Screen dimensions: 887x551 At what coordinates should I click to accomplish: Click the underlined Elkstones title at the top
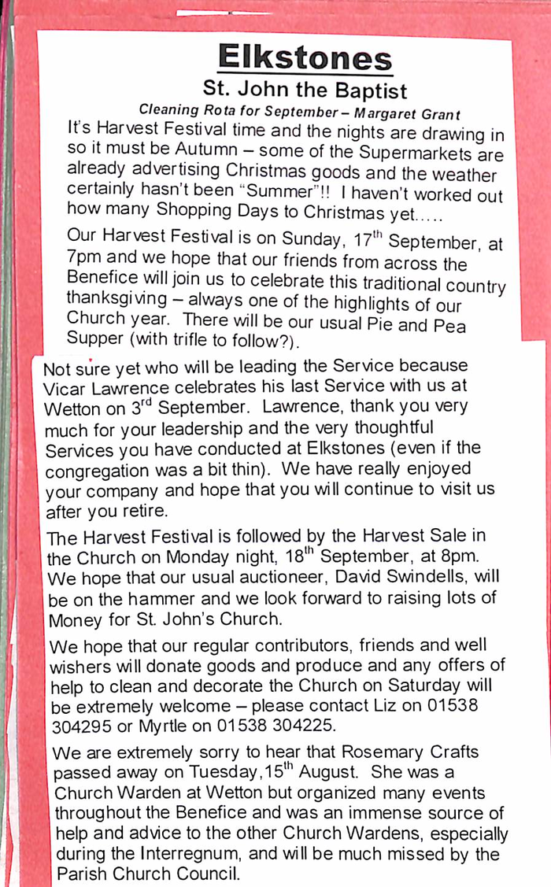coord(305,57)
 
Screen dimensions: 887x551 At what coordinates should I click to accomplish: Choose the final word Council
coord(205,874)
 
